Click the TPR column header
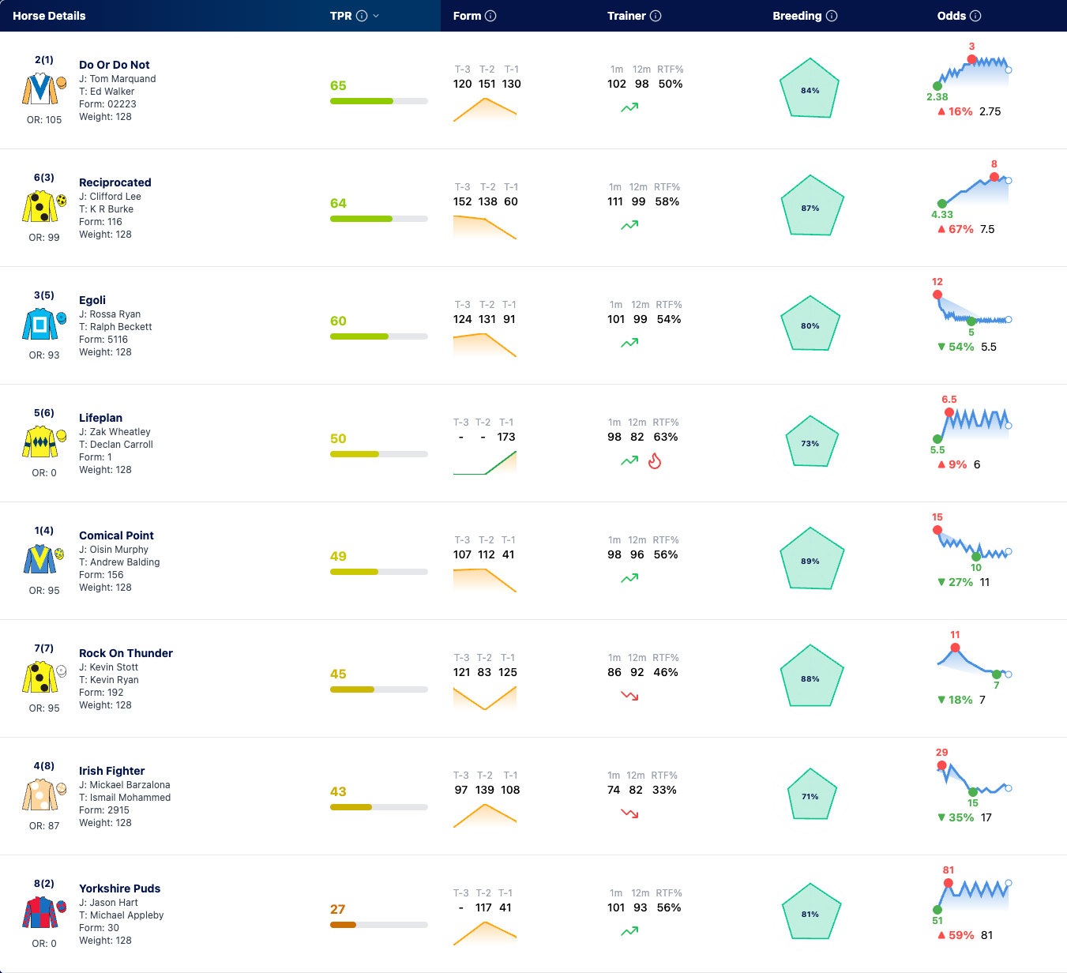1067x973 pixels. tap(341, 16)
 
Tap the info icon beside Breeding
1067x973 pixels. tap(832, 16)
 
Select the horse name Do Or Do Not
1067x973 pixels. tap(115, 65)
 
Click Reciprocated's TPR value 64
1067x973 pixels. tap(338, 203)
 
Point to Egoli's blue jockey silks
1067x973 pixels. tap(40, 324)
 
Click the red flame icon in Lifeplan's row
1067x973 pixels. tap(655, 460)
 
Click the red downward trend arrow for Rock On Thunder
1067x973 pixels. tap(629, 696)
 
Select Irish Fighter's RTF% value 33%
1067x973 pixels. tap(664, 790)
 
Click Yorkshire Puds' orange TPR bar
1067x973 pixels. tap(343, 925)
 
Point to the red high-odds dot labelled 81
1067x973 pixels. tap(949, 883)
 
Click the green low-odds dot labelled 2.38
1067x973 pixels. tap(937, 86)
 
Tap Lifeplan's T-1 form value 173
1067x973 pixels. tap(505, 437)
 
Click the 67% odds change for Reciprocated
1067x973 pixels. tap(956, 229)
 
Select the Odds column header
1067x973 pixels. tap(952, 16)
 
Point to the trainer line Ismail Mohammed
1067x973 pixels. tap(125, 798)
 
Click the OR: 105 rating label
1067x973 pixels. tap(44, 120)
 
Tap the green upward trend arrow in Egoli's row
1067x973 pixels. tap(629, 343)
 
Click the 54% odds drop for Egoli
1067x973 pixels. tap(956, 347)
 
